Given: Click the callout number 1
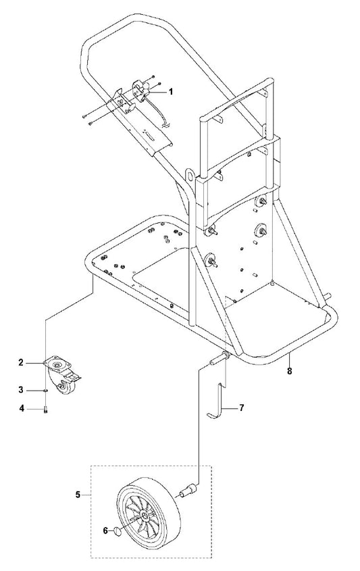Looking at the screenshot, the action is click(171, 92).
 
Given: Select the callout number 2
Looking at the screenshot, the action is click(21, 362).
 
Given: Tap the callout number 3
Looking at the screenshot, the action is click(21, 390).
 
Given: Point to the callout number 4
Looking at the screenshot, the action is click(22, 409).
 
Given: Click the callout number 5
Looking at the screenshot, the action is click(78, 495).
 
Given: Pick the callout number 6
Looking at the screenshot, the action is click(105, 530).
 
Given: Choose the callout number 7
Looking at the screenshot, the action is click(241, 407).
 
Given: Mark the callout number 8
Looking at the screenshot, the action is click(289, 372).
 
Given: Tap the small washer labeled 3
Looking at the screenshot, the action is click(45, 391).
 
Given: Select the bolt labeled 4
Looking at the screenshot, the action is click(45, 410).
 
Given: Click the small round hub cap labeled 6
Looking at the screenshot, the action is click(118, 531).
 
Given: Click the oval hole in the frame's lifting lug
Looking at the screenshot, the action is click(190, 175).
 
